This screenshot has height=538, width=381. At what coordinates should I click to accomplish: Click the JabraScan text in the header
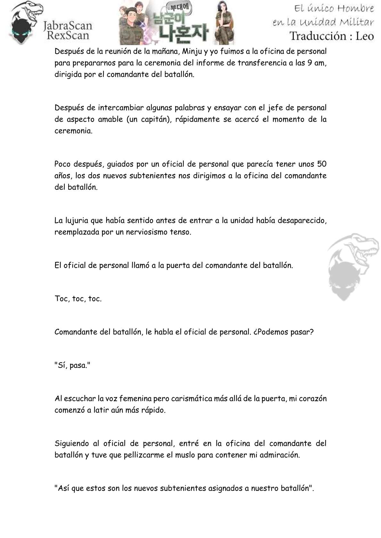[x=67, y=26]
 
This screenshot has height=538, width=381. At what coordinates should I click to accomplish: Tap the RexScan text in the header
[x=68, y=35]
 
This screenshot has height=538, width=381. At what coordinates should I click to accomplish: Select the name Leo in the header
[x=365, y=36]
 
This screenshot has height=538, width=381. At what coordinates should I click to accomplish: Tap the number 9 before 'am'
[x=310, y=63]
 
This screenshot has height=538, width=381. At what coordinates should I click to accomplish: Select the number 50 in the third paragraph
[x=321, y=164]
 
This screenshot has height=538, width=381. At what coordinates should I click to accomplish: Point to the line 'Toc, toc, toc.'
[x=78, y=299]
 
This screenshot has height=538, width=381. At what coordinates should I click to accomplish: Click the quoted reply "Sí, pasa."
[x=73, y=365]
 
